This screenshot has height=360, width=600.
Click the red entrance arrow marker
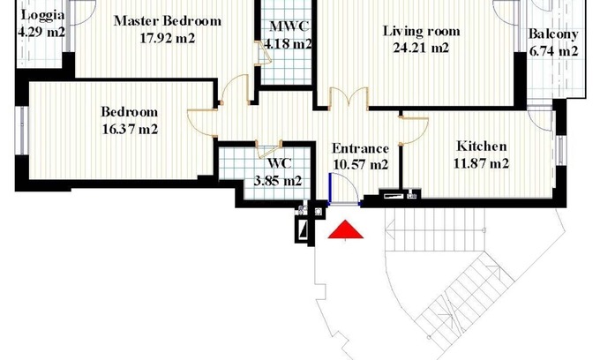(x=346, y=229)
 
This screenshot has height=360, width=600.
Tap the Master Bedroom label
(x=168, y=20)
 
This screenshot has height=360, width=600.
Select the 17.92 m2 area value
(x=168, y=38)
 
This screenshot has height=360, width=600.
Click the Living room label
(x=421, y=31)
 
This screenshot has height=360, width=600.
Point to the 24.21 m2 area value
(x=421, y=48)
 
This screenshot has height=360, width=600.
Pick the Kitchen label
(x=482, y=146)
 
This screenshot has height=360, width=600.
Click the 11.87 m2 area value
(x=482, y=164)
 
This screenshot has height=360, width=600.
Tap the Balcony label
(x=553, y=34)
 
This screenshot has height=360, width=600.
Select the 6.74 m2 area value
(x=553, y=51)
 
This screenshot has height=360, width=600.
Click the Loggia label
(x=42, y=16)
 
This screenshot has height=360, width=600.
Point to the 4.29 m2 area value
(x=41, y=32)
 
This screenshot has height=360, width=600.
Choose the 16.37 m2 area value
(x=130, y=130)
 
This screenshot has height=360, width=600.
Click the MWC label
(x=289, y=26)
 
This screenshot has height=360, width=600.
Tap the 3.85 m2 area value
(x=278, y=181)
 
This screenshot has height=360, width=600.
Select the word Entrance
(x=361, y=148)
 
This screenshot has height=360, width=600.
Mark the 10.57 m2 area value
(x=361, y=165)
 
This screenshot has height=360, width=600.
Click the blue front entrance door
(x=330, y=188)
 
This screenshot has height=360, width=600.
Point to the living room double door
(x=349, y=96)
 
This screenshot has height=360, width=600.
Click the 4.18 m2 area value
(x=288, y=44)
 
